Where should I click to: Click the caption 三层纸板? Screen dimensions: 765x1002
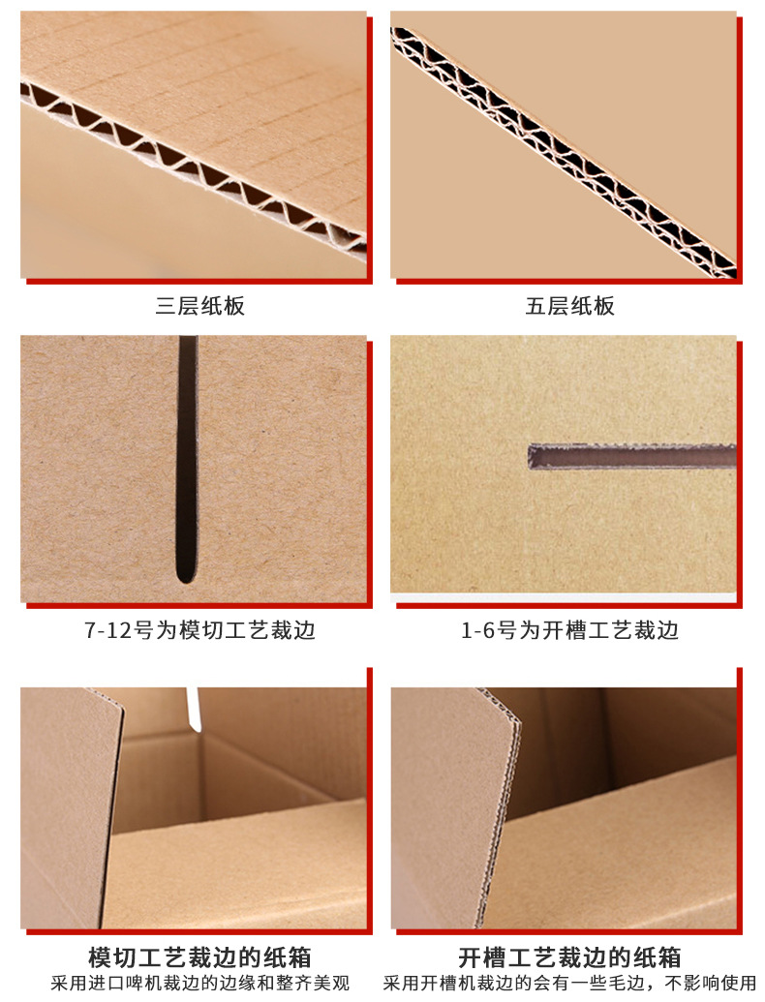point(199,306)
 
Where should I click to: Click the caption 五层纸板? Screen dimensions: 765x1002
point(569,306)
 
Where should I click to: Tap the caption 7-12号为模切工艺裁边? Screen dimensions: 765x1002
point(199,630)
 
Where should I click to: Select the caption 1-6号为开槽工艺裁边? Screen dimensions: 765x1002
point(569,630)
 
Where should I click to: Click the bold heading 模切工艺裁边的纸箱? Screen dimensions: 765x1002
point(199,957)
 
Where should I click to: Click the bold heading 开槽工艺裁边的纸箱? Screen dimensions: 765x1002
point(569,957)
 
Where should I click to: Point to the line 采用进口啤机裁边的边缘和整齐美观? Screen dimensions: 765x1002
point(199,984)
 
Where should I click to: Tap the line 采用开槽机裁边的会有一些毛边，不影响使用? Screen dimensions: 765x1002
point(569,984)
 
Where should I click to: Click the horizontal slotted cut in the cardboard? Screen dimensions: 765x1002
point(631,457)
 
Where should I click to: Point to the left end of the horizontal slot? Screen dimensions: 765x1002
point(530,458)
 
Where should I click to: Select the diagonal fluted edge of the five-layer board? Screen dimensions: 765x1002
point(563,152)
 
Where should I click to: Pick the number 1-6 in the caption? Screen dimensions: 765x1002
point(478,631)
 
